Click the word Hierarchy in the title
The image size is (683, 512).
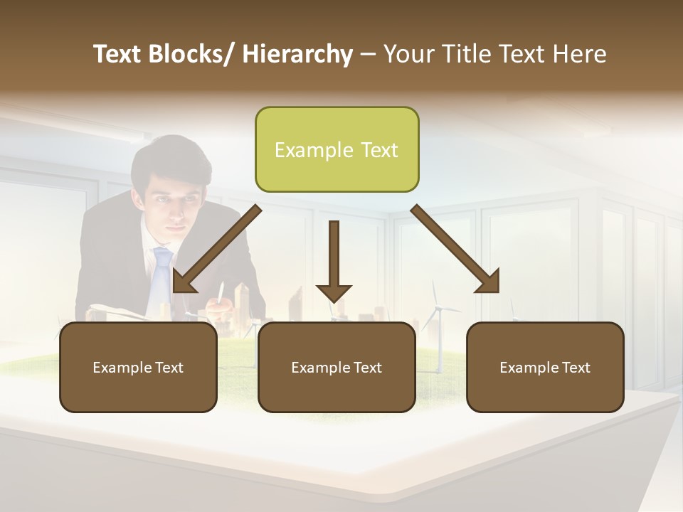(x=297, y=54)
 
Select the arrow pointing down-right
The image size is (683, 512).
(x=456, y=249)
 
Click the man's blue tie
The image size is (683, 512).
(x=162, y=271)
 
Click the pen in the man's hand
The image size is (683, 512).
(x=221, y=294)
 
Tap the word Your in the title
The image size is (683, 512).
(x=408, y=54)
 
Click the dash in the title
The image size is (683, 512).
(x=368, y=54)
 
